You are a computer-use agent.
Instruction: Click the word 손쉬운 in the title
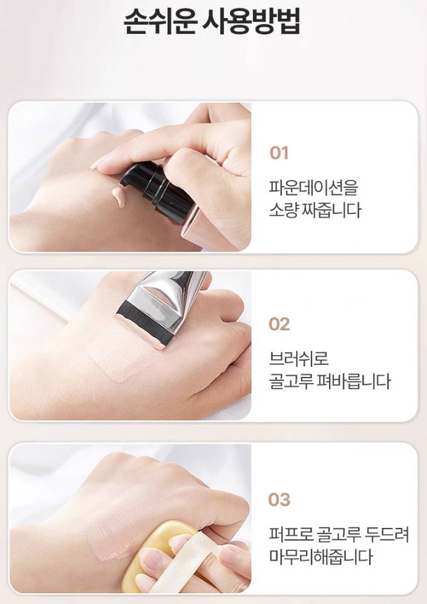pyautogui.click(x=160, y=22)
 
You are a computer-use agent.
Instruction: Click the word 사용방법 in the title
pyautogui.click(x=252, y=22)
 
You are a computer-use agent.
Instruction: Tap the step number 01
pyautogui.click(x=279, y=153)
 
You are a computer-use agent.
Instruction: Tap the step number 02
pyautogui.click(x=279, y=324)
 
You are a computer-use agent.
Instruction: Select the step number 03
pyautogui.click(x=279, y=500)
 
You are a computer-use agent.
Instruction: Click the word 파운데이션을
pyautogui.click(x=313, y=187)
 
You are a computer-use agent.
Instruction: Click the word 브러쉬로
pyautogui.click(x=299, y=359)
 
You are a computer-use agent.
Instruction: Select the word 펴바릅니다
pyautogui.click(x=353, y=381)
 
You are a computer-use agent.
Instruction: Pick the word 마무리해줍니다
pyautogui.click(x=321, y=557)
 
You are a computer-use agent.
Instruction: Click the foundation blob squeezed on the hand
pyautogui.click(x=119, y=196)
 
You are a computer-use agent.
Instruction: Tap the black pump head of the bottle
pyautogui.click(x=156, y=193)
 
